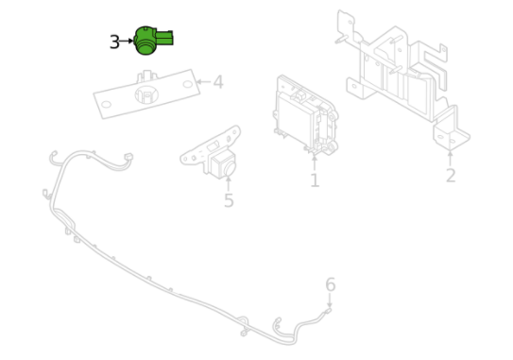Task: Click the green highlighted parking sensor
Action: pyautogui.click(x=151, y=41)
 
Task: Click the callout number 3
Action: pyautogui.click(x=114, y=43)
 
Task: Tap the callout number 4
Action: pyautogui.click(x=218, y=82)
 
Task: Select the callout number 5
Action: pyautogui.click(x=229, y=200)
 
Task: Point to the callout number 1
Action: pyautogui.click(x=315, y=180)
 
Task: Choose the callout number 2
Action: pyautogui.click(x=451, y=176)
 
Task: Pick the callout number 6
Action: pyautogui.click(x=331, y=284)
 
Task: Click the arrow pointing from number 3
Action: pyautogui.click(x=127, y=41)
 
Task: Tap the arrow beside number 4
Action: pyautogui.click(x=203, y=81)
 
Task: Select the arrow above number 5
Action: pyautogui.click(x=229, y=183)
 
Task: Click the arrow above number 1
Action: pyautogui.click(x=315, y=163)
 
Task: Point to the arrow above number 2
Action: pyautogui.click(x=451, y=158)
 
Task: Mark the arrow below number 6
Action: pyautogui.click(x=330, y=300)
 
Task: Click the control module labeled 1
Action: pyautogui.click(x=305, y=114)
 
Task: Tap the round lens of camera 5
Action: pyautogui.click(x=229, y=168)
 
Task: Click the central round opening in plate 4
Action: pyautogui.click(x=146, y=94)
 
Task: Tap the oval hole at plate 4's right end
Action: pyautogui.click(x=187, y=84)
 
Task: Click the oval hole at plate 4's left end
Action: pyautogui.click(x=106, y=105)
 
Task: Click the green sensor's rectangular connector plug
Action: pyautogui.click(x=164, y=38)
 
